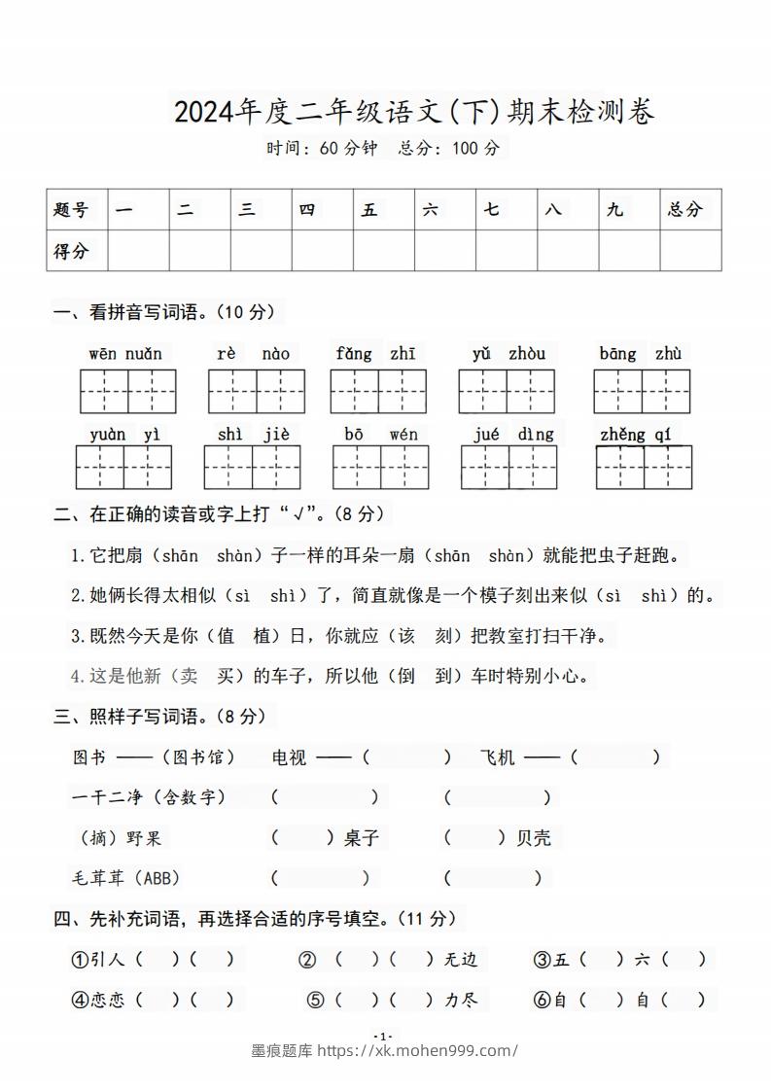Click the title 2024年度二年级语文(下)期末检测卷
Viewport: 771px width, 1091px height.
pos(414,112)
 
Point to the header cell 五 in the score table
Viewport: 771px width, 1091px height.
pos(369,209)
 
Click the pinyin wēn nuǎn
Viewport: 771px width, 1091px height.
pos(125,353)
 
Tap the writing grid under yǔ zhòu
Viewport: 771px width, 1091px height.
pos(507,391)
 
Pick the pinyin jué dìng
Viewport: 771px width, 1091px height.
pos(513,434)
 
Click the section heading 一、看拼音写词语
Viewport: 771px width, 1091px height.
pos(165,312)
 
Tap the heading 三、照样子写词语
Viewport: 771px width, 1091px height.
pos(159,716)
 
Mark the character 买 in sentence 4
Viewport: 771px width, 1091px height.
pos(229,675)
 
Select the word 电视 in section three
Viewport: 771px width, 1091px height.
pos(289,757)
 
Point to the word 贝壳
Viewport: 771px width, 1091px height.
pos(534,836)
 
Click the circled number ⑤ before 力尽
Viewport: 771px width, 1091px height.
pos(315,999)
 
